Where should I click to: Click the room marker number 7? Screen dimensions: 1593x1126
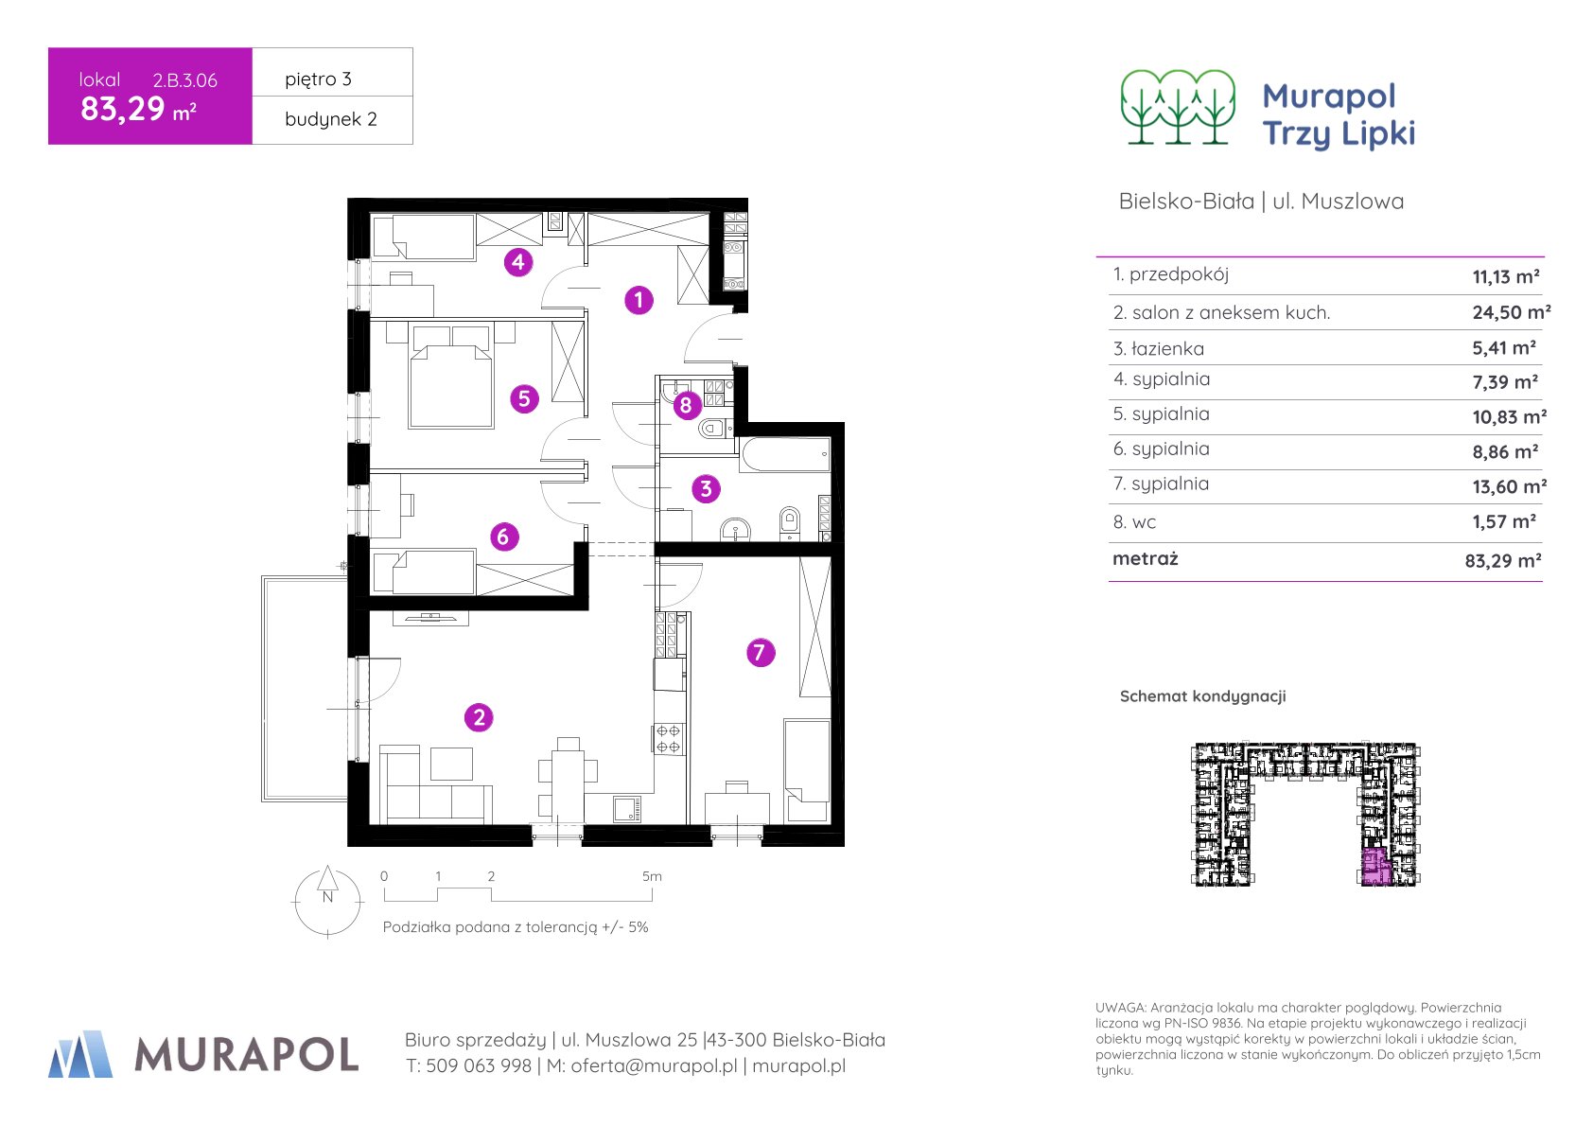(x=761, y=653)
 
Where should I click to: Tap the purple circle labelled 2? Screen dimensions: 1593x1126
(x=479, y=718)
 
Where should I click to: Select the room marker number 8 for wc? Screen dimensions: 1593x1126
(x=686, y=405)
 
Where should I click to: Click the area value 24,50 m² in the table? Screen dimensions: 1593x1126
(x=1511, y=312)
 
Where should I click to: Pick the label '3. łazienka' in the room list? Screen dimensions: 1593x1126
(x=1159, y=348)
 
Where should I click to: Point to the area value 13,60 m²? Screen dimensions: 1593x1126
(x=1509, y=486)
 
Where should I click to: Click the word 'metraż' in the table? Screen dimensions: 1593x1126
(x=1145, y=558)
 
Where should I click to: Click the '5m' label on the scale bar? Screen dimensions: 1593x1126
(x=652, y=876)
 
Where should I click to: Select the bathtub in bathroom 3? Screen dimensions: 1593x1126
(x=785, y=454)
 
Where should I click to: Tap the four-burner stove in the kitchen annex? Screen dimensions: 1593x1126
(x=668, y=738)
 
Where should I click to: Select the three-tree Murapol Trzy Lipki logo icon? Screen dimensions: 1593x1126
(x=1178, y=108)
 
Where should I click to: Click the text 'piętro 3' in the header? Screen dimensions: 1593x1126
(x=318, y=79)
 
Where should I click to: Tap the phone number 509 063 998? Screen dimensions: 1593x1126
(x=479, y=1065)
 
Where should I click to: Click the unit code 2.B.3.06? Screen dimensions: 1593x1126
(x=184, y=80)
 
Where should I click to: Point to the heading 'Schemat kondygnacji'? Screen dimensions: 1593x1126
(x=1202, y=696)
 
